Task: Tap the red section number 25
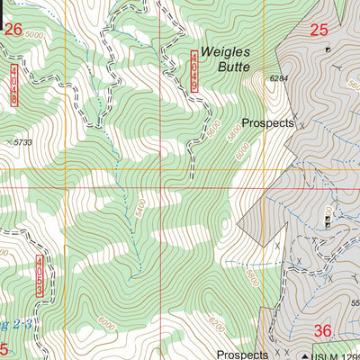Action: (x=319, y=30)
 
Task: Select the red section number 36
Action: (x=322, y=331)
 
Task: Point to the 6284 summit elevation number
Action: (x=283, y=79)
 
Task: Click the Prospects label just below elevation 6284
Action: (x=267, y=123)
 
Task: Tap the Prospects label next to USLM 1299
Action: (x=242, y=355)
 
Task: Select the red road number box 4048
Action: (x=14, y=84)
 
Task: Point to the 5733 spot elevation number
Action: (x=22, y=142)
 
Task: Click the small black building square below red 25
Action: (x=328, y=49)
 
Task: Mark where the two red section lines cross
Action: (x=160, y=169)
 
